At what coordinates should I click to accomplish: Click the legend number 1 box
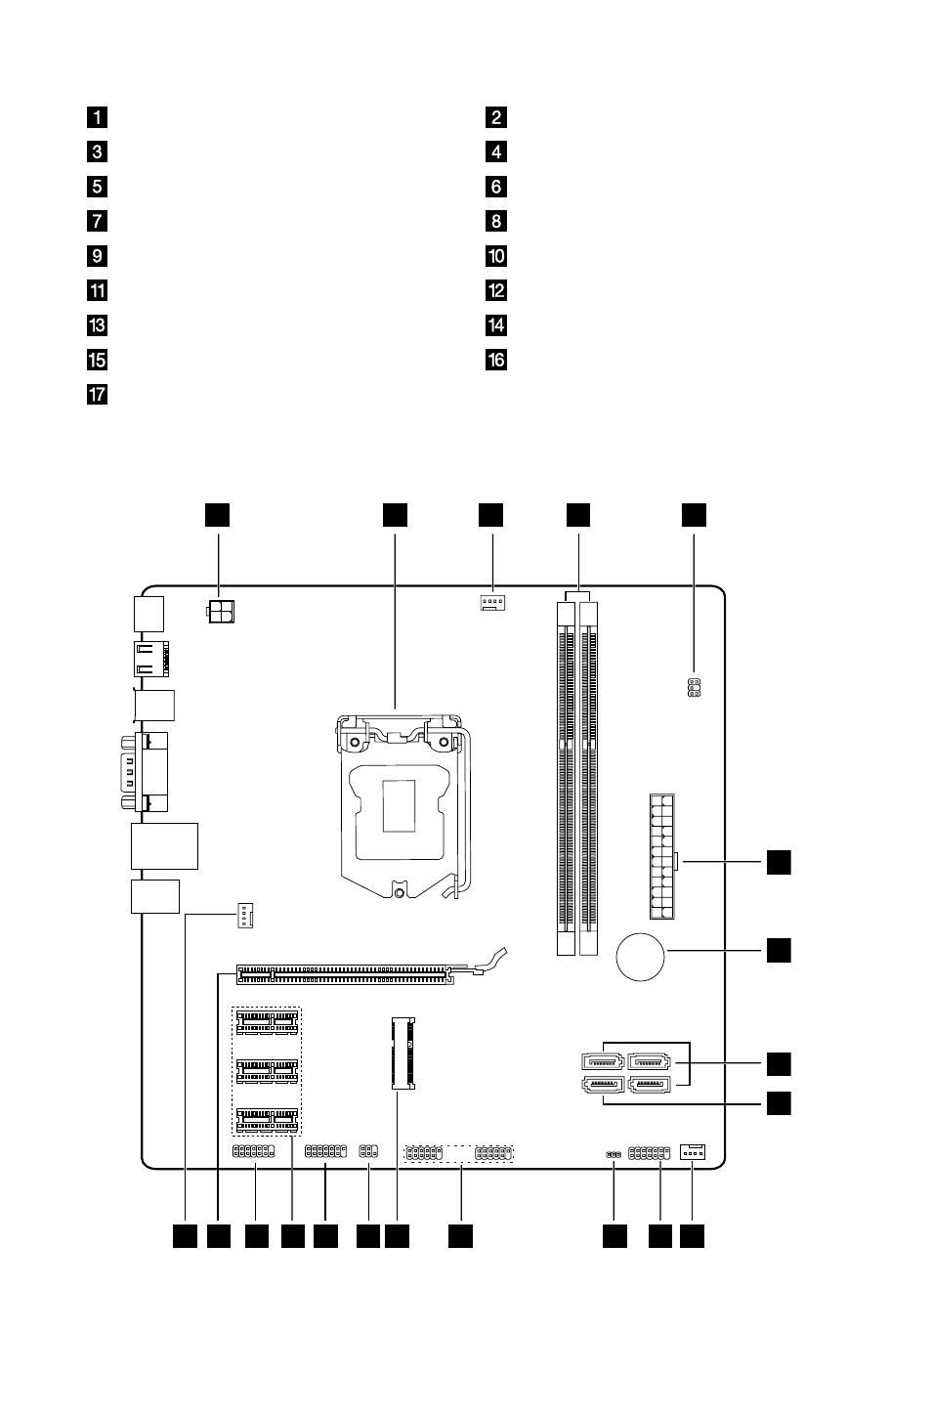[97, 117]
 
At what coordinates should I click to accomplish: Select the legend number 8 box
[496, 221]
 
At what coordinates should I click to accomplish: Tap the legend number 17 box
[97, 395]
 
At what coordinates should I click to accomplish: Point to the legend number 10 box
[496, 256]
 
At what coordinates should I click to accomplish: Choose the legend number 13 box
[97, 325]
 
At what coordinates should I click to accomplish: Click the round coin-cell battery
[640, 957]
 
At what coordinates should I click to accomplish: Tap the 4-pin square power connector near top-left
[221, 611]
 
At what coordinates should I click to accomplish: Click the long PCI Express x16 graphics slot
[345, 975]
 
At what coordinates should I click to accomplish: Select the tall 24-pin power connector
[661, 856]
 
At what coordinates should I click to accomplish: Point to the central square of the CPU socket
[399, 806]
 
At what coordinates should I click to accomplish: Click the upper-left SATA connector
[603, 1060]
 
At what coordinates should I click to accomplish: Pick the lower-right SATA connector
[649, 1085]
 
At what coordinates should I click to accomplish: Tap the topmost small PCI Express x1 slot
[267, 1022]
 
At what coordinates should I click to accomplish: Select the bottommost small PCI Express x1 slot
[267, 1120]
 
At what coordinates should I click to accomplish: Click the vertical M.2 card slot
[403, 1053]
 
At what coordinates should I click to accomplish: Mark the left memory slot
[566, 778]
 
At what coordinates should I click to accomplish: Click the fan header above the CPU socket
[492, 602]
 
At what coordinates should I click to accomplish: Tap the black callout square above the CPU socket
[395, 515]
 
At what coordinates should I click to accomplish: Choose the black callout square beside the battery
[779, 950]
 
